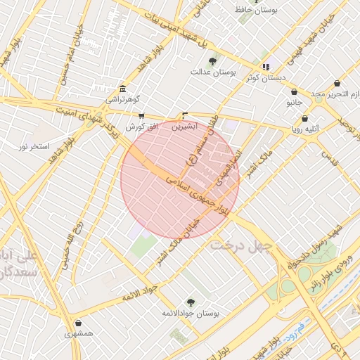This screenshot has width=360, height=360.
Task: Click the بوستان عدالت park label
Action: (213, 72)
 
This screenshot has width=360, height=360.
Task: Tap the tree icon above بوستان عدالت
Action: (213, 62)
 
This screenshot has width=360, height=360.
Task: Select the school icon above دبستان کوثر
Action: (266, 67)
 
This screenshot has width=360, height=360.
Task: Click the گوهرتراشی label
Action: (123, 100)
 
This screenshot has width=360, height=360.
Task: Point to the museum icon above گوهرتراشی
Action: (123, 89)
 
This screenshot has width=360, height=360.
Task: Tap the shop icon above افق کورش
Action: (141, 116)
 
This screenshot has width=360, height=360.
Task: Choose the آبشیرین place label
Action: (185, 127)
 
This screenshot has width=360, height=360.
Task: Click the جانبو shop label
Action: (293, 103)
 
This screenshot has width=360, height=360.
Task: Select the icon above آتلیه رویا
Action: (304, 118)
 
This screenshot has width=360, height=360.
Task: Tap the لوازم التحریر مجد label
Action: (336, 94)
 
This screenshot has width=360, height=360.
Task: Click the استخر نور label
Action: (33, 146)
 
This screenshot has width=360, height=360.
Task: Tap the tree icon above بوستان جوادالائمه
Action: (191, 302)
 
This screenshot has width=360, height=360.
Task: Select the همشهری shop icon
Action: (78, 323)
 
